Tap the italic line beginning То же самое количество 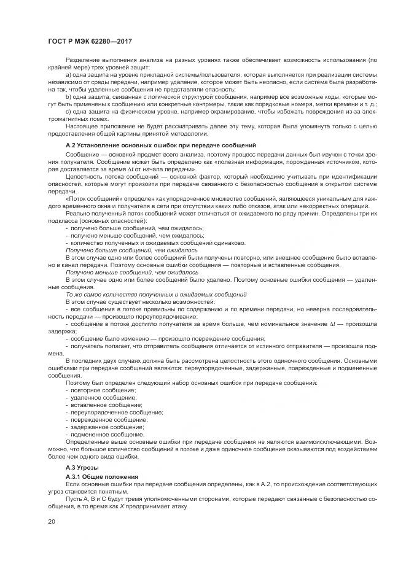click(x=147, y=295)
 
